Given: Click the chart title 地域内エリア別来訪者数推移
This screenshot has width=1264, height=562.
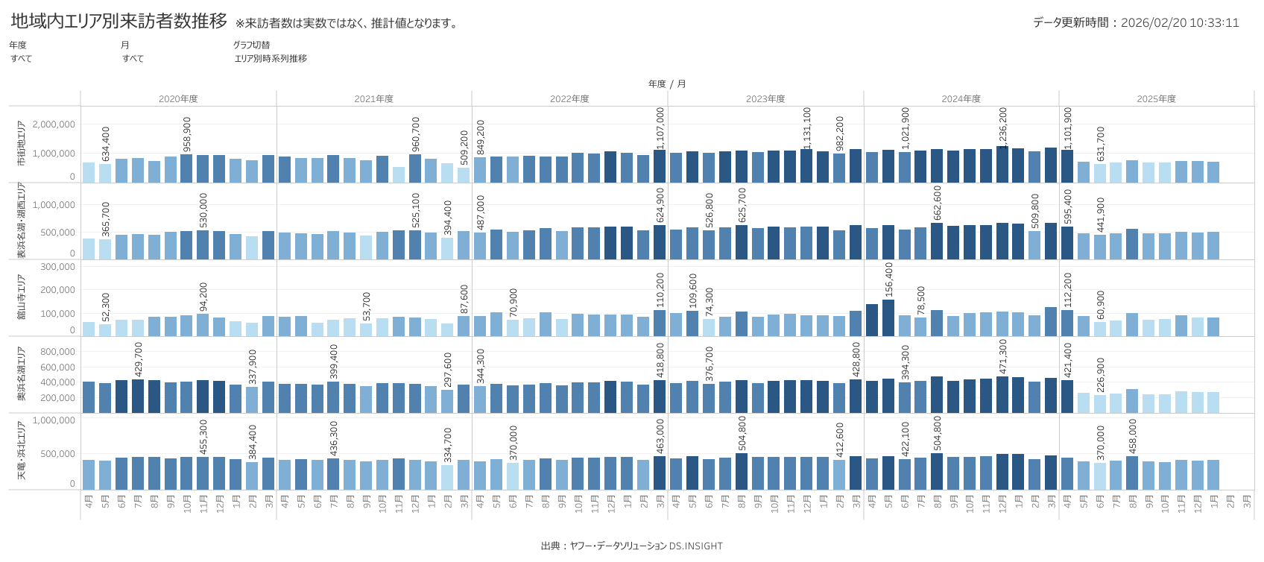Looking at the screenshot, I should coord(119,21).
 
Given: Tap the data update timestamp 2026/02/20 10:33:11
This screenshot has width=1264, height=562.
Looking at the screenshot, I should coord(1179,23).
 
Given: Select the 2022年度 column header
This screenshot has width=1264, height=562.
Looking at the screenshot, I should coord(569,99).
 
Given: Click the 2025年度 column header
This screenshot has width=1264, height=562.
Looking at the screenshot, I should coord(1156,99).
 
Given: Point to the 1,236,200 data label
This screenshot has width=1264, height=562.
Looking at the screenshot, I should coord(1003,125).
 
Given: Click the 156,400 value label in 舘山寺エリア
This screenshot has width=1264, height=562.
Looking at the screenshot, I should coord(888,280).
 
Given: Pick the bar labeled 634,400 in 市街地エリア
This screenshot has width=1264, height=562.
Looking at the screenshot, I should coord(105,173).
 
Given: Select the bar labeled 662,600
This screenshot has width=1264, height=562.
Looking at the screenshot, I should coord(937,241).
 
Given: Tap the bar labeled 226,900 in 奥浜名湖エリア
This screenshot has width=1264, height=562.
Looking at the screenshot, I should coord(1100,403).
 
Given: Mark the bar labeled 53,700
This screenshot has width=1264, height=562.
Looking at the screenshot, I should coord(366,329).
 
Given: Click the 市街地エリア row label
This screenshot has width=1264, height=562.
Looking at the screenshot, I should coord(21,144).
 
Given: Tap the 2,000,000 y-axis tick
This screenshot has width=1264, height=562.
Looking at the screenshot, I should coord(54,124).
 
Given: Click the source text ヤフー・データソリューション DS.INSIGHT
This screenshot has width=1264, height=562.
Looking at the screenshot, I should coord(646,546).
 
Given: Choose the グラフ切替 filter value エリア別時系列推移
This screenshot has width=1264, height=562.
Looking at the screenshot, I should coord(271,59).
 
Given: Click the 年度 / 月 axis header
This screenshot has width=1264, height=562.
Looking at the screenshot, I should coord(667,84).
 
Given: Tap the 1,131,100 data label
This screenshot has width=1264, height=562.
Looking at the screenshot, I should coord(807,128).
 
